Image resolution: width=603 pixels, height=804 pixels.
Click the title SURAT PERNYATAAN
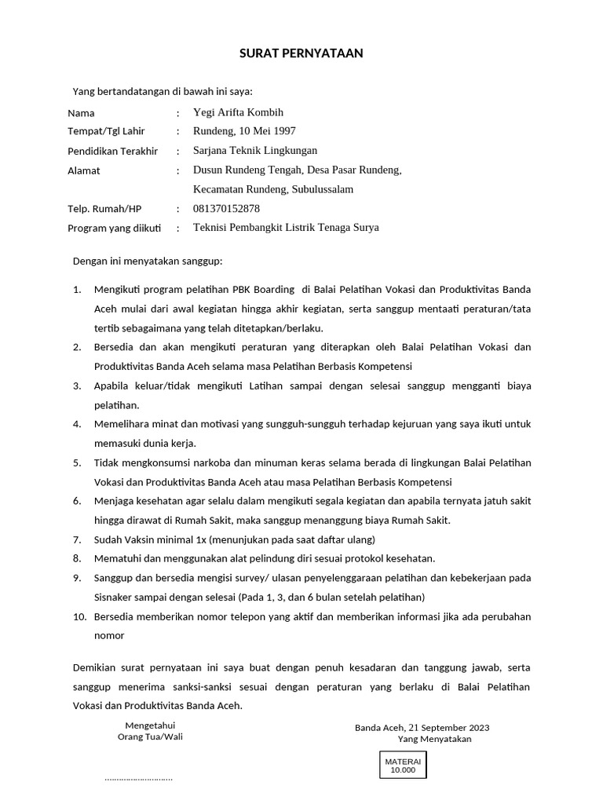tap(301, 53)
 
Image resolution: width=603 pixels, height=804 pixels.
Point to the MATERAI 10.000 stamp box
tap(403, 766)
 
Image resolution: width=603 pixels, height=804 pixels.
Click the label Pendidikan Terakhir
tap(113, 151)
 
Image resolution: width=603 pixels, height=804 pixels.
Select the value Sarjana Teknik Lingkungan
tap(255, 151)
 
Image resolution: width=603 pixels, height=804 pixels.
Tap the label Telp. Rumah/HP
tap(104, 209)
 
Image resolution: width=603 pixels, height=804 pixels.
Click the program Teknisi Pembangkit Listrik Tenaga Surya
tap(286, 228)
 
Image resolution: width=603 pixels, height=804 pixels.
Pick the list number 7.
tap(77, 539)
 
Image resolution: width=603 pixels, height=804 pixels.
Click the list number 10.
tap(79, 616)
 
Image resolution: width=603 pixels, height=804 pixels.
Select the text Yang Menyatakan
tap(434, 740)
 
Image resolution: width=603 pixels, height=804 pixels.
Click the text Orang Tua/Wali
tap(150, 737)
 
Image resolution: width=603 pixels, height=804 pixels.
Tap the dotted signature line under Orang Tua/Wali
tap(138, 780)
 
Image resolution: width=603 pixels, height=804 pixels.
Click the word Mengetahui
tap(150, 725)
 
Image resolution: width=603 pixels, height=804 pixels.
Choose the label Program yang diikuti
tap(115, 228)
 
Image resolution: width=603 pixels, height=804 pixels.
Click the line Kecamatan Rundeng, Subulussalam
tap(273, 189)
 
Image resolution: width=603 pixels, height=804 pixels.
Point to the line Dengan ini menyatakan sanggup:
tap(148, 261)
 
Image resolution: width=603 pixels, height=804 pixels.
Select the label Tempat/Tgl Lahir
tap(106, 131)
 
